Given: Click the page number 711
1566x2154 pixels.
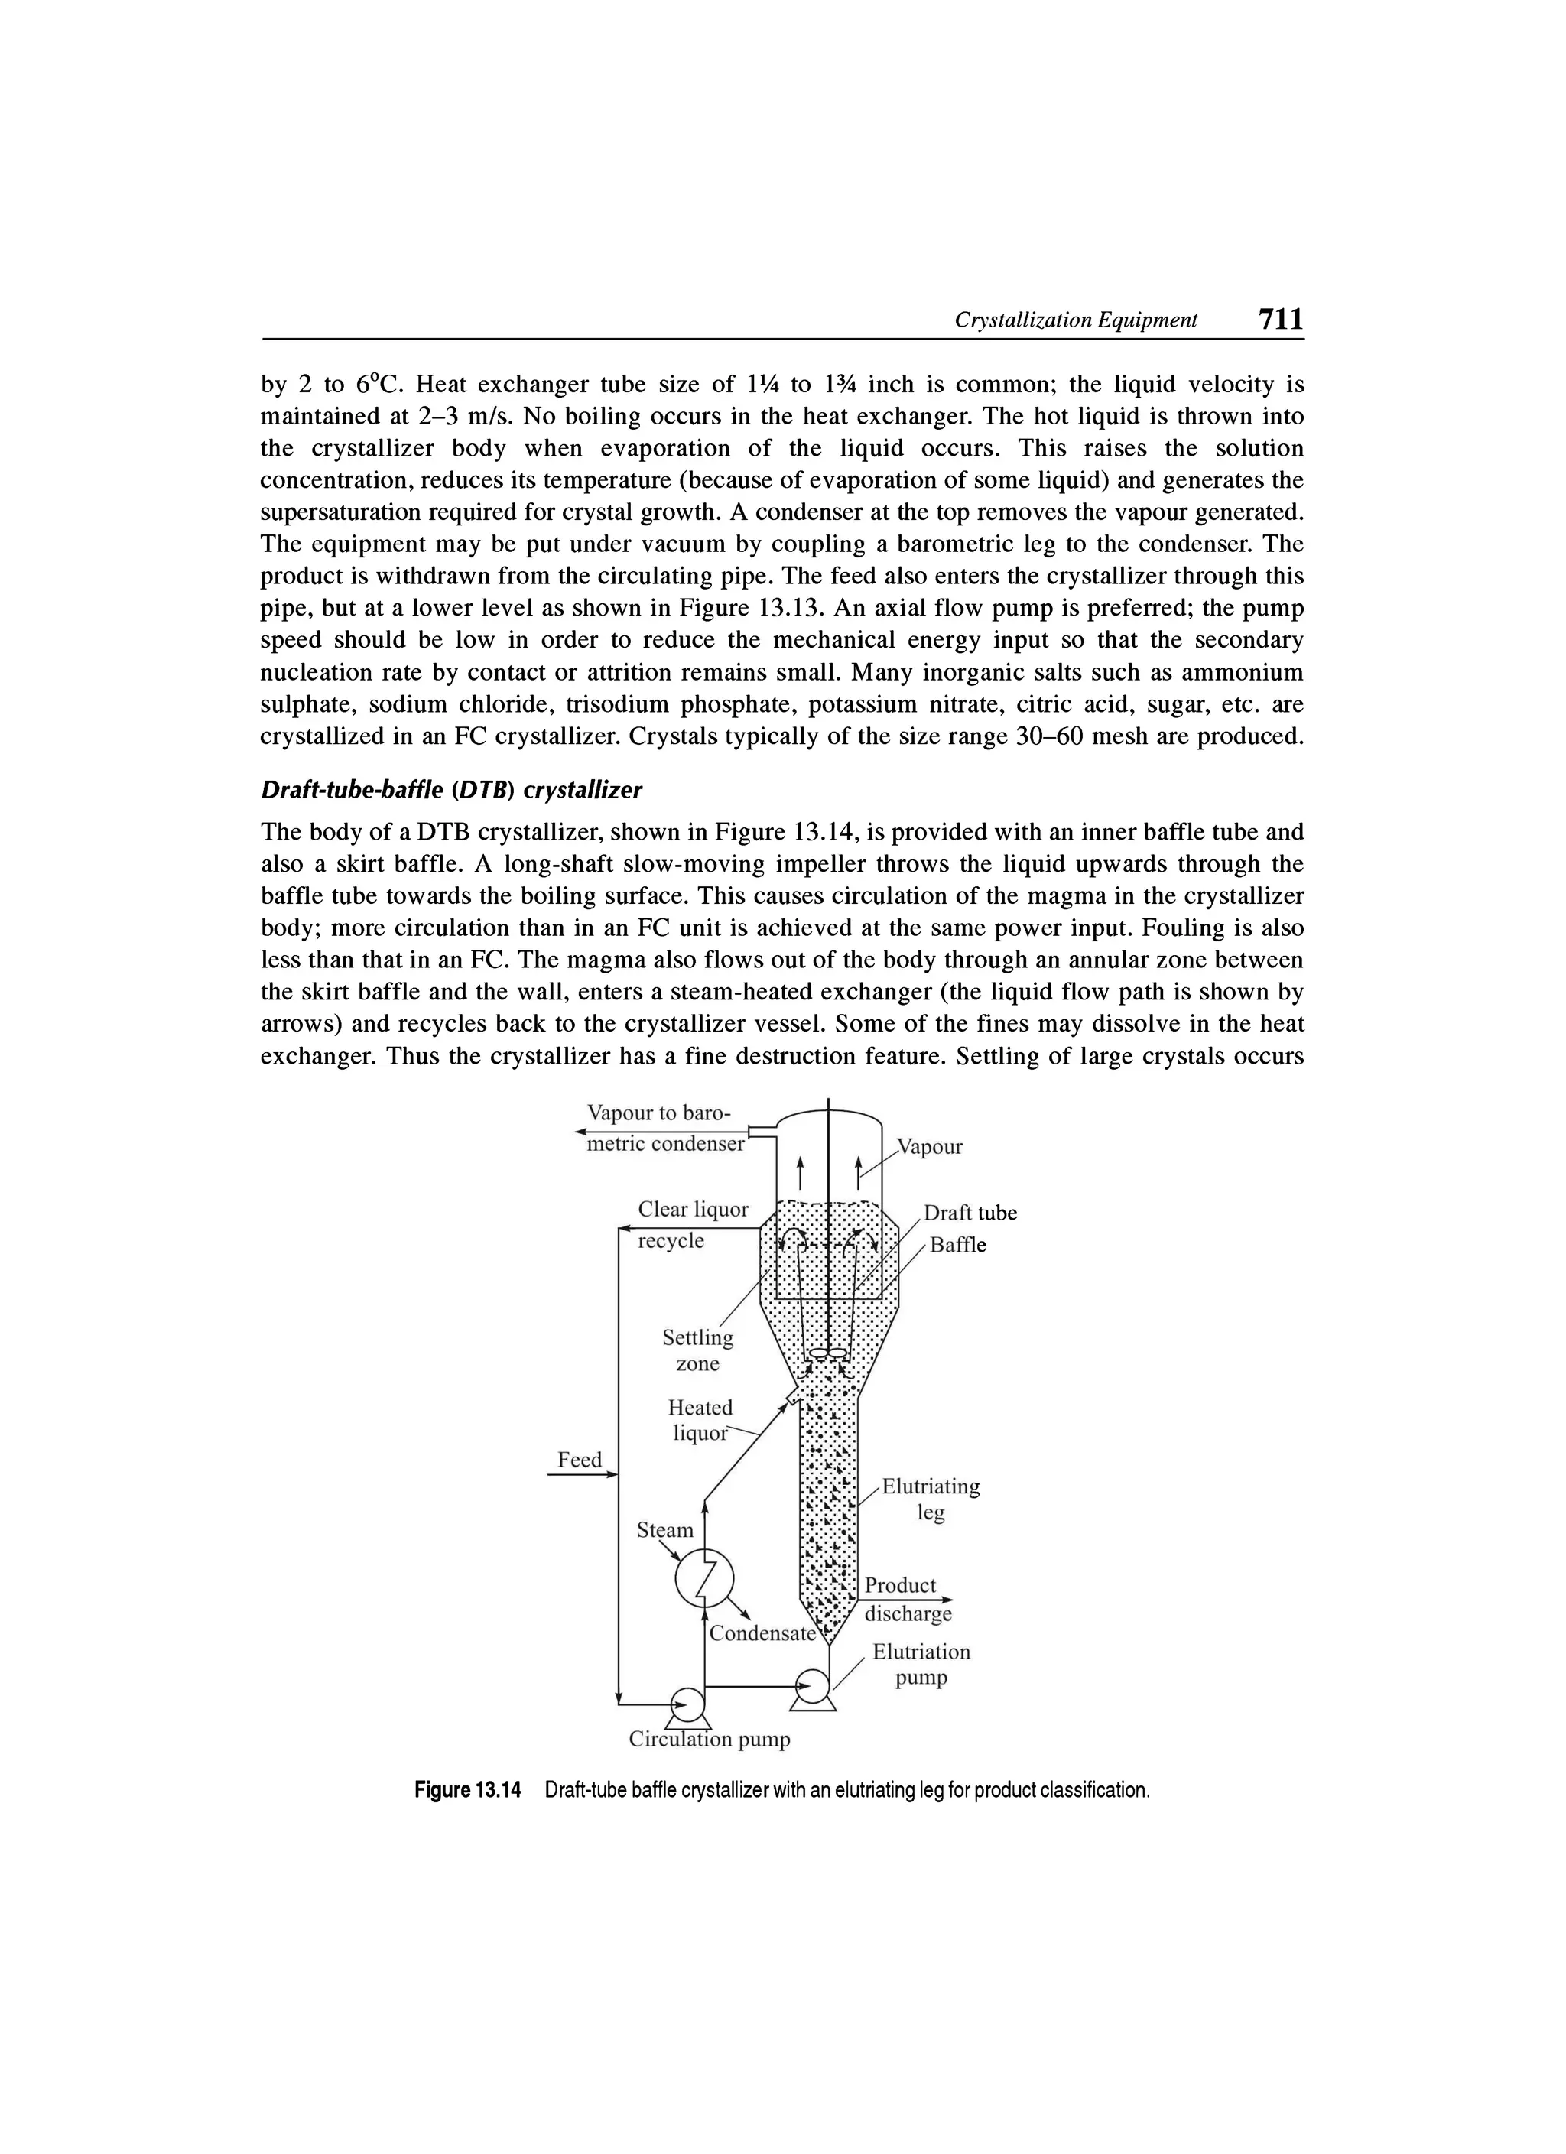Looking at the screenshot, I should [x=1279, y=318].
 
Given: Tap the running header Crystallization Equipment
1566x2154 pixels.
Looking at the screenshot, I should [x=1075, y=320].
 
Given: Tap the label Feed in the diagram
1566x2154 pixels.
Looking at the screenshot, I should [x=580, y=1460].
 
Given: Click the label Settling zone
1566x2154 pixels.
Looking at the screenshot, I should [x=698, y=1350].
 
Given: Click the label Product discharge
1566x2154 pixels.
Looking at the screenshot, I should [x=906, y=1600].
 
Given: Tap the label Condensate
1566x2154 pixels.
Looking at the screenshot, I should [x=762, y=1633].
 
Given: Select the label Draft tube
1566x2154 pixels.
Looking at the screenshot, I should [x=970, y=1213].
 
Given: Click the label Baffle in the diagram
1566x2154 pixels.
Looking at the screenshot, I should [x=957, y=1245].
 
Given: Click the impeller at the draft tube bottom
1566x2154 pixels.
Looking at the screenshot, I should [x=827, y=1353].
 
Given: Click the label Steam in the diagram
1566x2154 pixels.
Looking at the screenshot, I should [x=664, y=1530].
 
